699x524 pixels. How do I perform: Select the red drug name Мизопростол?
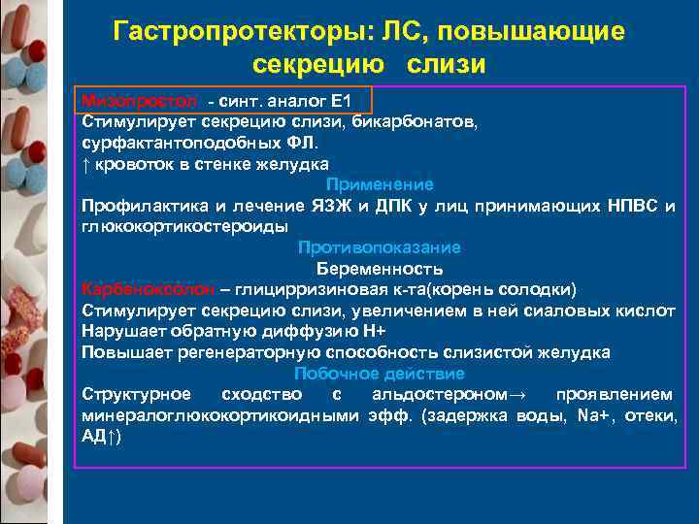[x=139, y=102]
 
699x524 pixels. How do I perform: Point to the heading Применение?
[x=380, y=184]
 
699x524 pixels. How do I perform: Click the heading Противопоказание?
[x=380, y=247]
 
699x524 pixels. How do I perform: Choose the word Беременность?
[x=380, y=269]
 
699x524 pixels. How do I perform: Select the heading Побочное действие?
[x=380, y=373]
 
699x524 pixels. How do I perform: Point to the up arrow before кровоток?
[x=86, y=164]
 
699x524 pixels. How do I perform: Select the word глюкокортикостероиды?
[x=183, y=226]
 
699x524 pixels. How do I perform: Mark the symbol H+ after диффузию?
[x=373, y=331]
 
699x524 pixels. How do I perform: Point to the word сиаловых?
[x=555, y=311]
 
